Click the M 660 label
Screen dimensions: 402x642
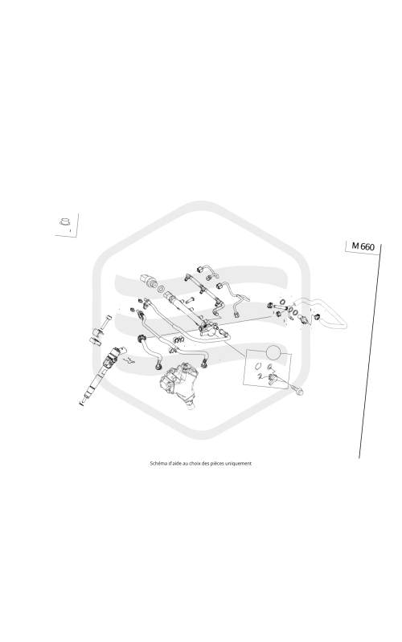[363, 246]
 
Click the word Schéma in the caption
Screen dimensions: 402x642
[158, 464]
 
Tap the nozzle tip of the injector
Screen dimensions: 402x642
[81, 404]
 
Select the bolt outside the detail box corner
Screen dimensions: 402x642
[297, 391]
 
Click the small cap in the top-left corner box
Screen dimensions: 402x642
[64, 221]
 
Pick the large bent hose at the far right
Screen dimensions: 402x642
[324, 311]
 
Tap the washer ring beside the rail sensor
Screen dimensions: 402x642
[161, 289]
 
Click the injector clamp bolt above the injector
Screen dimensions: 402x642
[105, 323]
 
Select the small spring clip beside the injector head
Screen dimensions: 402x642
[130, 360]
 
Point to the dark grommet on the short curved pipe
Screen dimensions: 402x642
[142, 338]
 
